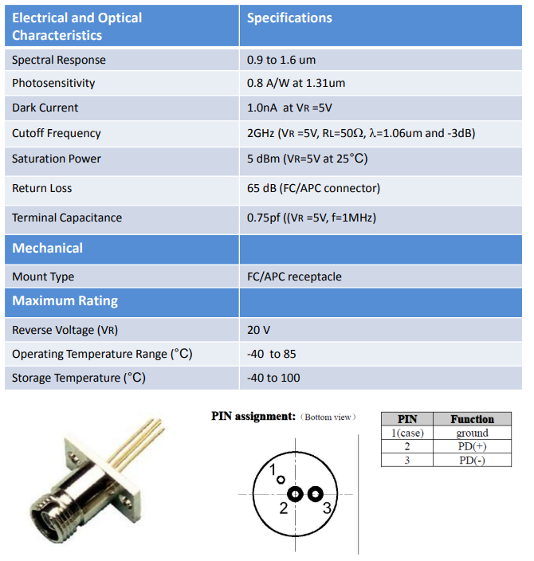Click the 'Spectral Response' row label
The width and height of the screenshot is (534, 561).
click(x=59, y=60)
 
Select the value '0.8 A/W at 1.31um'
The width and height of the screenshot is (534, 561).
click(x=296, y=83)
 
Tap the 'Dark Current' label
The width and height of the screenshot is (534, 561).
click(x=45, y=108)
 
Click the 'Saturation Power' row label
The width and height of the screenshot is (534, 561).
click(x=57, y=159)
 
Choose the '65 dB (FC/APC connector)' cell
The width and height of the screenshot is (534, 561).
click(x=313, y=188)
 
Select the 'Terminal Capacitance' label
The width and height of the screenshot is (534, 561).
click(x=67, y=218)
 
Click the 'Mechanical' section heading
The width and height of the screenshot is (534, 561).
click(x=48, y=248)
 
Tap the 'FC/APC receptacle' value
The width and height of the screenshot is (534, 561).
click(x=294, y=277)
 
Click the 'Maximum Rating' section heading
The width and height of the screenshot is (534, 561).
click(x=65, y=301)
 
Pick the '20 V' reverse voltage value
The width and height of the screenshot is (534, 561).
click(x=259, y=330)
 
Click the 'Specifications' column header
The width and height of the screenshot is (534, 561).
click(x=289, y=18)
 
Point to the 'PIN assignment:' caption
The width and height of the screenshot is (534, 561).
click(x=253, y=416)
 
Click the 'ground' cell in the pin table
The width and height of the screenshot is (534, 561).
click(x=472, y=433)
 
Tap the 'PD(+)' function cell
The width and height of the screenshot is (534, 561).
click(x=472, y=446)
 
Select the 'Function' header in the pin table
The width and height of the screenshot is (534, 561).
click(x=472, y=419)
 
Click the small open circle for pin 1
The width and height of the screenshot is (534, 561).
click(x=280, y=480)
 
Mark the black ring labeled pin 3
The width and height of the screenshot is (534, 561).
click(x=315, y=494)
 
